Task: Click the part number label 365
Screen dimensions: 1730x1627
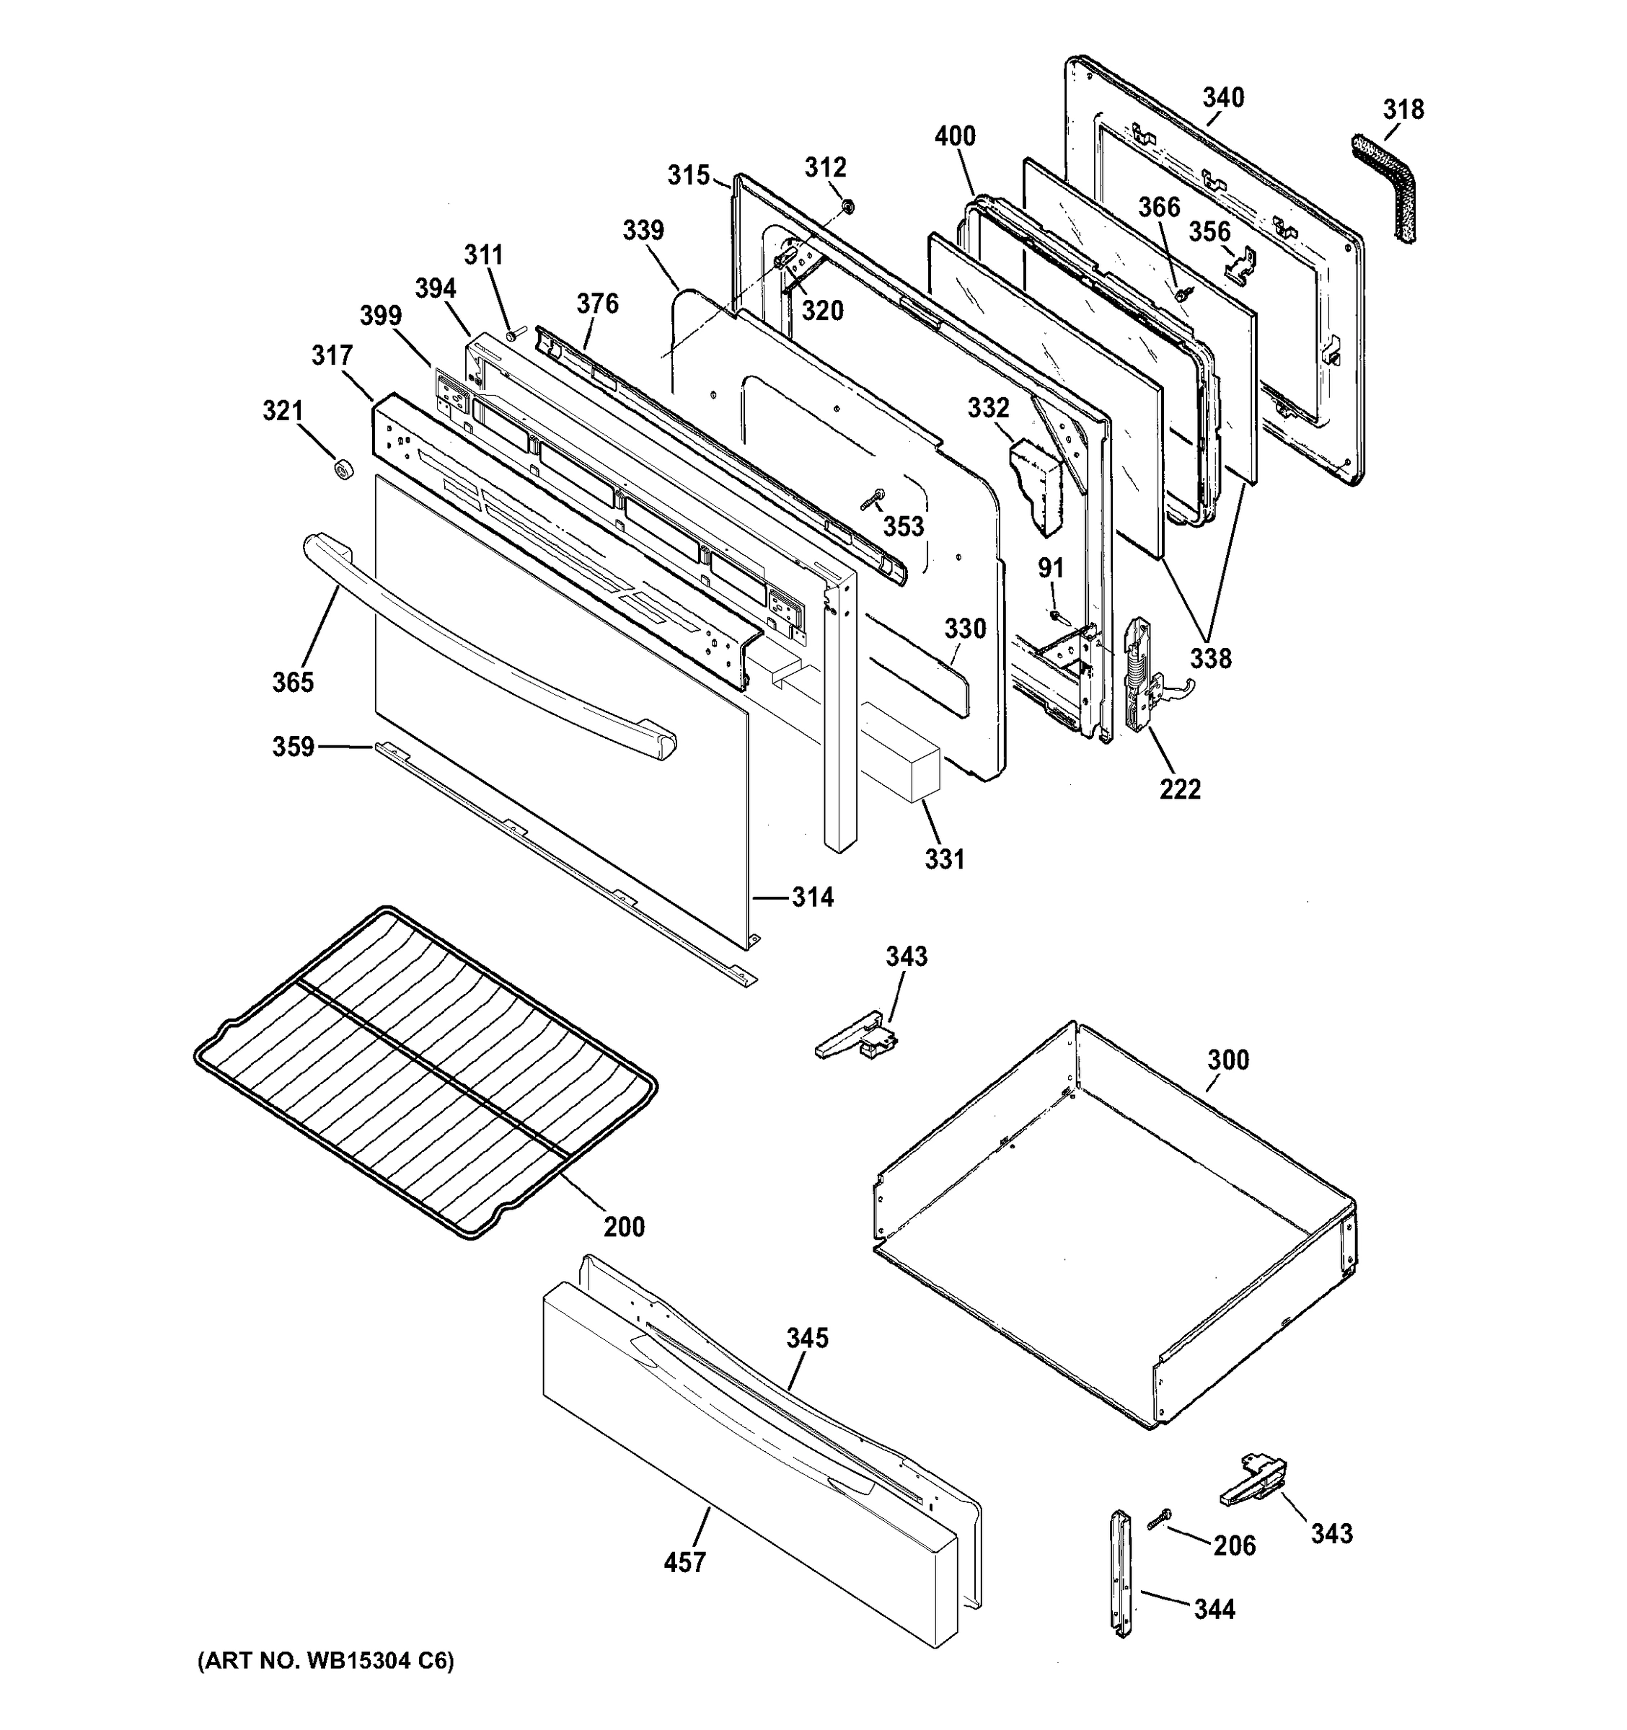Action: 293,682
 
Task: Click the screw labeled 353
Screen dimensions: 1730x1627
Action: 871,499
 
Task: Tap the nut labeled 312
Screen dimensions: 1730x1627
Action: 848,206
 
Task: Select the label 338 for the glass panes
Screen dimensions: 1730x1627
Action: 1211,658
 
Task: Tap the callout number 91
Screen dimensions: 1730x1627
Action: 1051,567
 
